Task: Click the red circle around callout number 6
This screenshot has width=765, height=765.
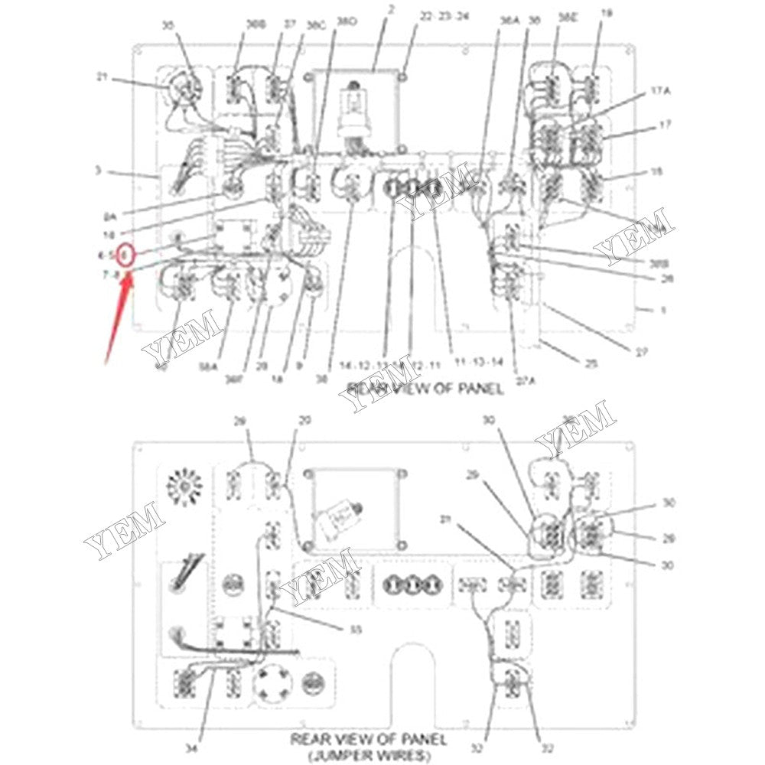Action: pos(129,255)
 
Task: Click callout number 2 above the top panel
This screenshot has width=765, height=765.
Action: pos(391,10)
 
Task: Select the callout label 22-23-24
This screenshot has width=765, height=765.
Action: pos(444,15)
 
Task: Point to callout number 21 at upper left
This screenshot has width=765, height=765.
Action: pos(102,76)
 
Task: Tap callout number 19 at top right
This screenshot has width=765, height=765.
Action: pos(607,13)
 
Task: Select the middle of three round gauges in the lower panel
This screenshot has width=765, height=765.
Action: pos(413,585)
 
